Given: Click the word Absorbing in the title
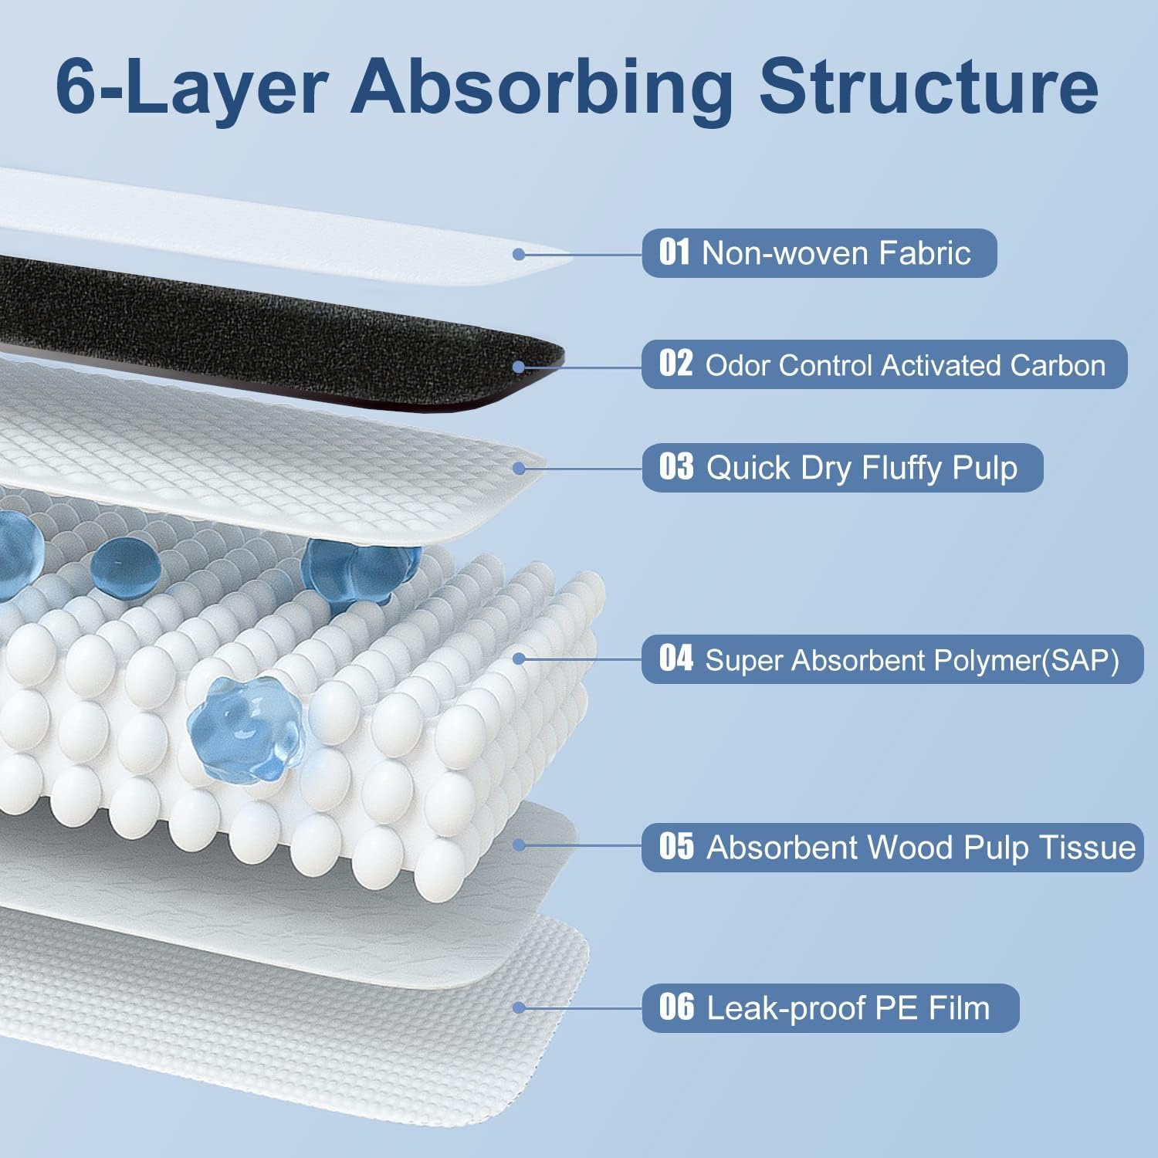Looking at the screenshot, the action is (x=542, y=89).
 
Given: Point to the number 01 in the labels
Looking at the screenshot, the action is (x=675, y=252).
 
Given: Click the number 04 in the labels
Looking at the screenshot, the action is (x=675, y=659).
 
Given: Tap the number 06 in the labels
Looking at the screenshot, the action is (x=676, y=1007).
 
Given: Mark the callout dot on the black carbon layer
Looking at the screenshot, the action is (x=519, y=367).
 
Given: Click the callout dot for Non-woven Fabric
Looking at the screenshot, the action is (x=519, y=254).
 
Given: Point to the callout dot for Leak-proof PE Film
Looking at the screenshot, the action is (x=519, y=1007).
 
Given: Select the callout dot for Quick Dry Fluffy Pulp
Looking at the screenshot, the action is (x=519, y=469).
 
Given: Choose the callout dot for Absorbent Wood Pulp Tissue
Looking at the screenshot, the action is (x=519, y=846).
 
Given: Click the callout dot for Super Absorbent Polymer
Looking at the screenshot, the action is (x=519, y=659).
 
